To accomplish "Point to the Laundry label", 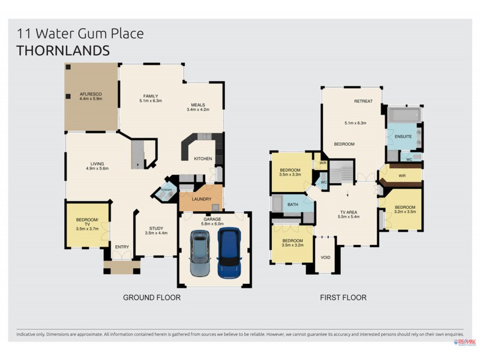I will click(200, 199).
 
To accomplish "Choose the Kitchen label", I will click(203, 158).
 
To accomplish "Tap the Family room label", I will click(150, 96).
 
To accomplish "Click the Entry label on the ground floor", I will click(122, 247).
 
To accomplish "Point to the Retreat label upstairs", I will click(364, 101).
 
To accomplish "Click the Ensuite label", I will click(403, 137).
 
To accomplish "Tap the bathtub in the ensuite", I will click(404, 115).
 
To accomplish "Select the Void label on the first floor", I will click(326, 257).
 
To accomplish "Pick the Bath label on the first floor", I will click(293, 205).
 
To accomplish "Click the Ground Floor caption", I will click(151, 297).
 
